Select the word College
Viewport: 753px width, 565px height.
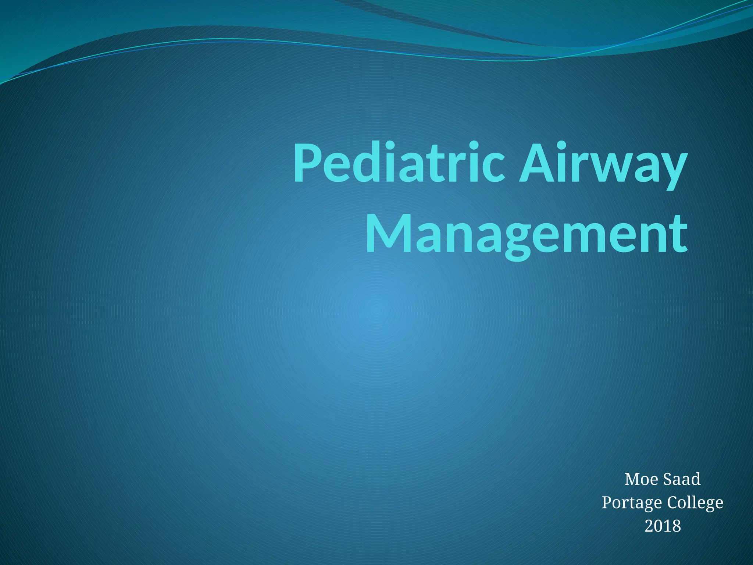(695, 503)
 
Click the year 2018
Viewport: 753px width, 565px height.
(663, 526)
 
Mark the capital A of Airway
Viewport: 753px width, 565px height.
(536, 164)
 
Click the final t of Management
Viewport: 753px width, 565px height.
(678, 235)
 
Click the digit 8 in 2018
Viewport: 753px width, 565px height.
(676, 526)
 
